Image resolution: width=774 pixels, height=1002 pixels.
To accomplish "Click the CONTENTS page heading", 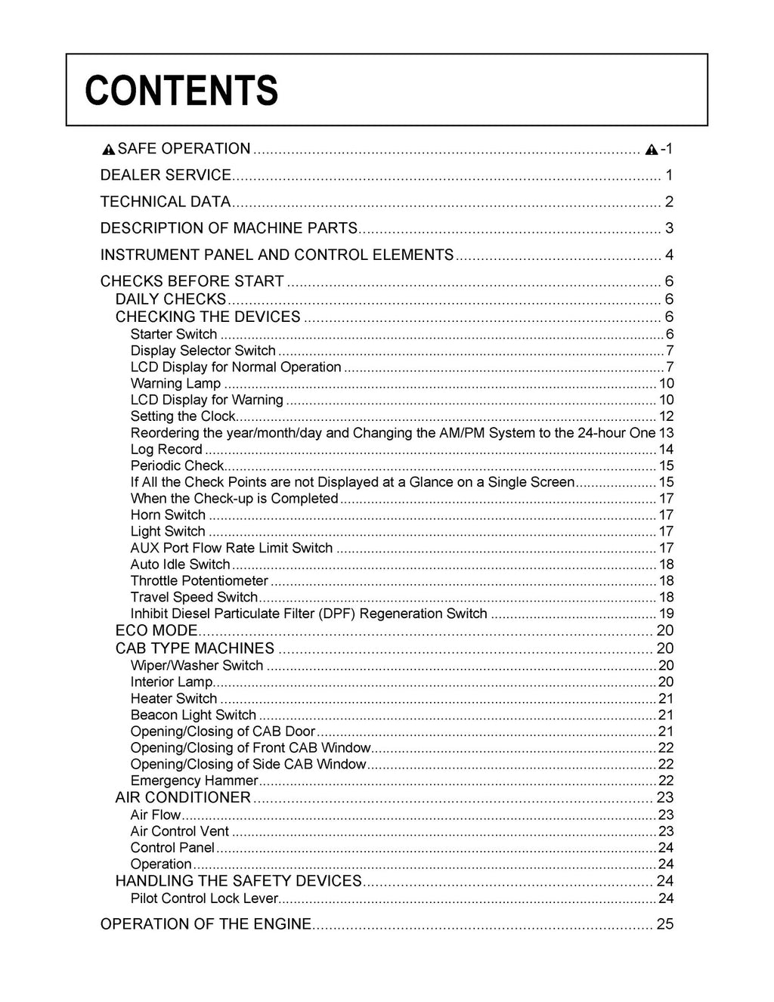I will click(x=181, y=91).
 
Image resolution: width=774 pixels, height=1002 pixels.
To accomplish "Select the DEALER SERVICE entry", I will click(x=166, y=175).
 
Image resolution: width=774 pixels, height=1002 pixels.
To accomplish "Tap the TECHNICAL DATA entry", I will click(x=165, y=202).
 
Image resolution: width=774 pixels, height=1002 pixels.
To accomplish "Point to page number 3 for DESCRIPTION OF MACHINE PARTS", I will click(x=669, y=228).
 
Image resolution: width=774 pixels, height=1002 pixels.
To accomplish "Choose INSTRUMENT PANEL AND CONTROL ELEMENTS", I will click(x=277, y=255).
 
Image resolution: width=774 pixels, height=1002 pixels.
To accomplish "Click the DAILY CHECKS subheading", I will click(x=171, y=299).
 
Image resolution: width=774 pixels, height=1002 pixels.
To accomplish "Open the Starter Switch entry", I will click(x=174, y=334).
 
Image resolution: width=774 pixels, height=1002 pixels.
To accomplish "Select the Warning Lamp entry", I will click(x=175, y=384).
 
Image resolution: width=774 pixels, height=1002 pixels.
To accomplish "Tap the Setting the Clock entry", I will click(x=183, y=416).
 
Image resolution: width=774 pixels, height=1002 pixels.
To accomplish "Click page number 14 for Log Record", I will click(x=666, y=450).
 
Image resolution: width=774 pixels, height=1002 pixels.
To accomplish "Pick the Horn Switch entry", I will click(x=168, y=515).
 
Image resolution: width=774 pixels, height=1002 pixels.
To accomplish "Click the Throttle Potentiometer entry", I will click(x=199, y=581).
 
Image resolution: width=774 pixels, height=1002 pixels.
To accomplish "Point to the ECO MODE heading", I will click(x=156, y=631).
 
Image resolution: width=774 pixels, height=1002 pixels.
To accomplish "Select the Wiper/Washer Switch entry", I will click(x=197, y=666).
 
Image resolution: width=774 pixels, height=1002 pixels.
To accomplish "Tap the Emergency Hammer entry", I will click(x=194, y=781).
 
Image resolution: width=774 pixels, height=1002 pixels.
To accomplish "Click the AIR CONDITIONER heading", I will click(x=183, y=798).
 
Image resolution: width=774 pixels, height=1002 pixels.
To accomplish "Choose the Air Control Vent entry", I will click(x=180, y=831).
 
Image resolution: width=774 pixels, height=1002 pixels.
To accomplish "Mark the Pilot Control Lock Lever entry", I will click(x=205, y=898).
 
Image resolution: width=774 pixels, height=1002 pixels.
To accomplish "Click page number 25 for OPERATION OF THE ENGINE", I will click(x=665, y=924).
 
